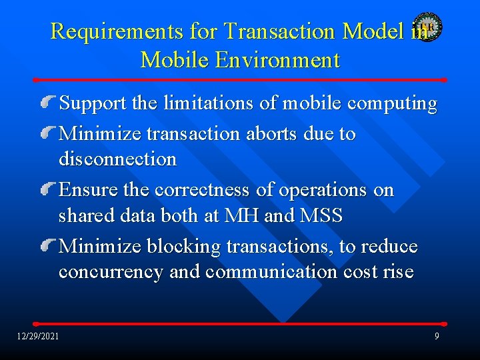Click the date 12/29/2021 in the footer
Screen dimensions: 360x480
tap(38, 335)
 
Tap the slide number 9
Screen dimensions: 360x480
tap(437, 336)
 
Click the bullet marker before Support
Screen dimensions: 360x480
tap(49, 103)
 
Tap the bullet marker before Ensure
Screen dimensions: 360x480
tap(49, 190)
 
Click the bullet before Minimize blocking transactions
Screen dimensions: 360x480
tap(49, 247)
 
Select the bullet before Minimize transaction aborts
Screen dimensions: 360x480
tap(49, 133)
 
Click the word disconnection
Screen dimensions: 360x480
tap(117, 159)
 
